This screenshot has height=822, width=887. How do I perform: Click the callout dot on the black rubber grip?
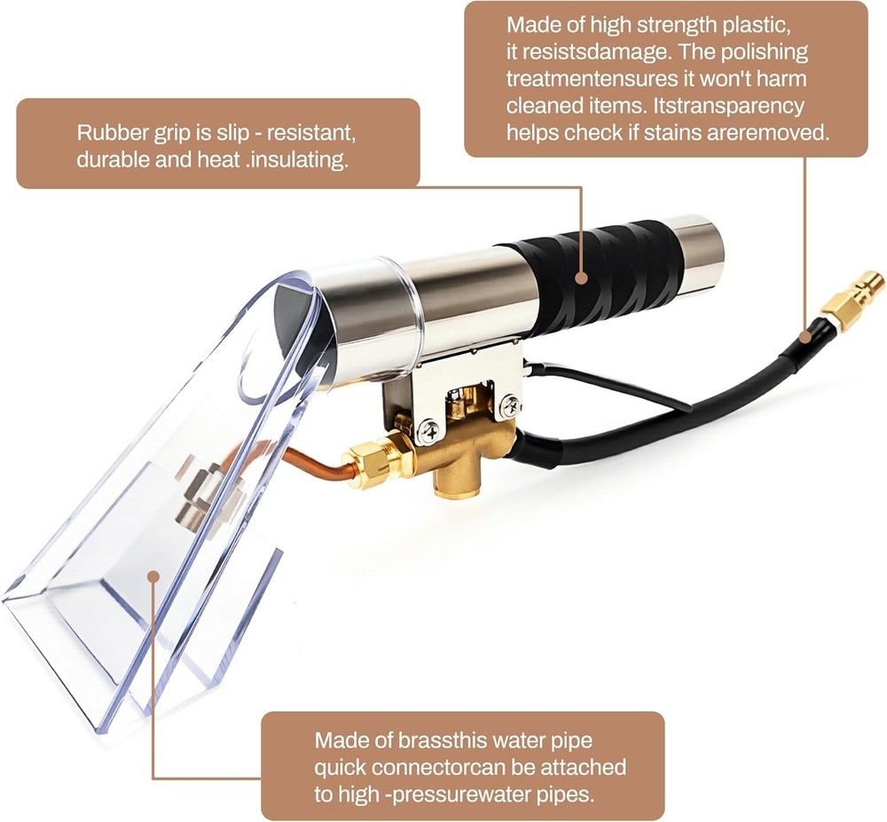pos(581,278)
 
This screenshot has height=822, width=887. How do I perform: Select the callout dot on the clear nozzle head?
pos(153,575)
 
